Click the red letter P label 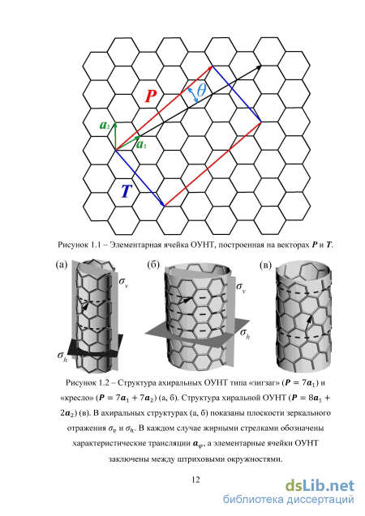tap(151, 96)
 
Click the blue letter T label tap(127, 191)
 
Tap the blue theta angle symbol tap(201, 90)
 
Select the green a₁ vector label tap(141, 144)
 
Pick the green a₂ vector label tap(105, 126)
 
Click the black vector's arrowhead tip tap(262, 66)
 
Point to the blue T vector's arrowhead tap(163, 206)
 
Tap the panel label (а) tap(62, 265)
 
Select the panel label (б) tap(153, 265)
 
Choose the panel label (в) tap(265, 265)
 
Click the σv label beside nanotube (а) tap(123, 283)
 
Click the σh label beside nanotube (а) tap(62, 356)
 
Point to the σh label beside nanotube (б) tap(245, 334)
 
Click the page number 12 tap(195, 480)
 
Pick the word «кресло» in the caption tap(78, 399)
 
